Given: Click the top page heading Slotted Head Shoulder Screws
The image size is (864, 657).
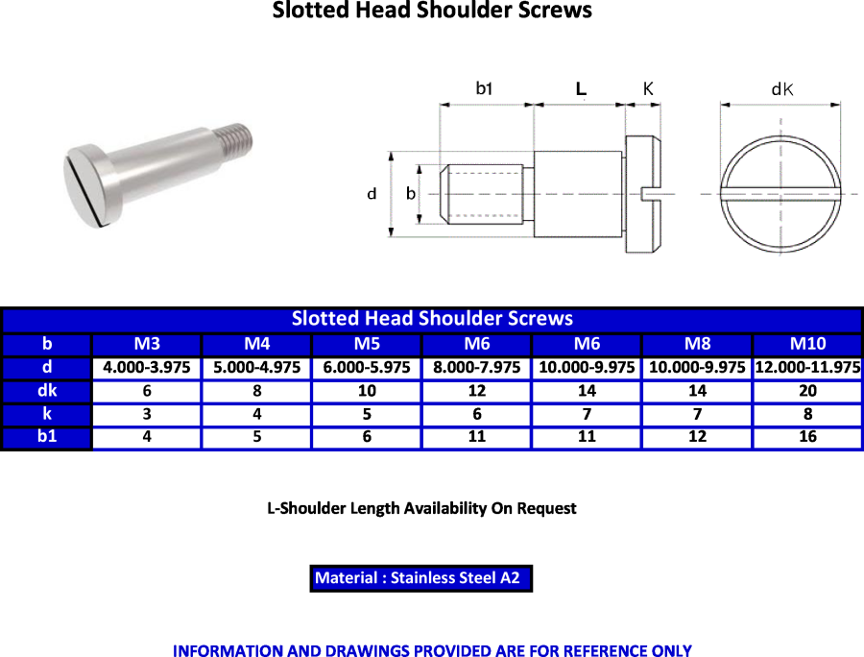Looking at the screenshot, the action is (432, 11).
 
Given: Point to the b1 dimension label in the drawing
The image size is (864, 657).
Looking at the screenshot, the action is (484, 88).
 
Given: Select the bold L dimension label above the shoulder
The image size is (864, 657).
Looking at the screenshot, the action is (581, 88).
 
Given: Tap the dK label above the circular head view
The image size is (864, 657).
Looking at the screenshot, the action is (781, 89).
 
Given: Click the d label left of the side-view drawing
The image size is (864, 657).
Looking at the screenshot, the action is (372, 193).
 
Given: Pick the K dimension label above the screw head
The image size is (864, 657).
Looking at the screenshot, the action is (648, 88).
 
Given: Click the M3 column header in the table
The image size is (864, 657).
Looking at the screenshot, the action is (147, 344).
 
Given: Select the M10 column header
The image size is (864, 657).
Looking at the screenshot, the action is (807, 344).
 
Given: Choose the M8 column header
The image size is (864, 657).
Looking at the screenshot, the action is (697, 344).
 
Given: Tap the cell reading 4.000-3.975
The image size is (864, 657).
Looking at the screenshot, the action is (147, 368).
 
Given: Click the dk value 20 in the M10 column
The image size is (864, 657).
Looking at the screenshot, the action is (807, 391).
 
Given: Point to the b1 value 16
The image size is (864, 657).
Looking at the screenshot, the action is (807, 436).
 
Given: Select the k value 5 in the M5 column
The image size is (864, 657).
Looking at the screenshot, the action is (367, 414).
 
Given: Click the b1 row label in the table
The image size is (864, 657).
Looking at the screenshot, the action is (47, 436).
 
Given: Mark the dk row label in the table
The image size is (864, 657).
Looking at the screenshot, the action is (47, 391).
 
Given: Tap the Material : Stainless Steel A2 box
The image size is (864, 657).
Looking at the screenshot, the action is (421, 578).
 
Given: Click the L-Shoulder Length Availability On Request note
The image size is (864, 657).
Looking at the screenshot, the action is (421, 508).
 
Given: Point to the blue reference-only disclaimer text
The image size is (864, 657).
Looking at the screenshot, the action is (432, 650).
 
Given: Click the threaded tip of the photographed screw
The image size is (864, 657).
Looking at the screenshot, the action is (237, 136).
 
